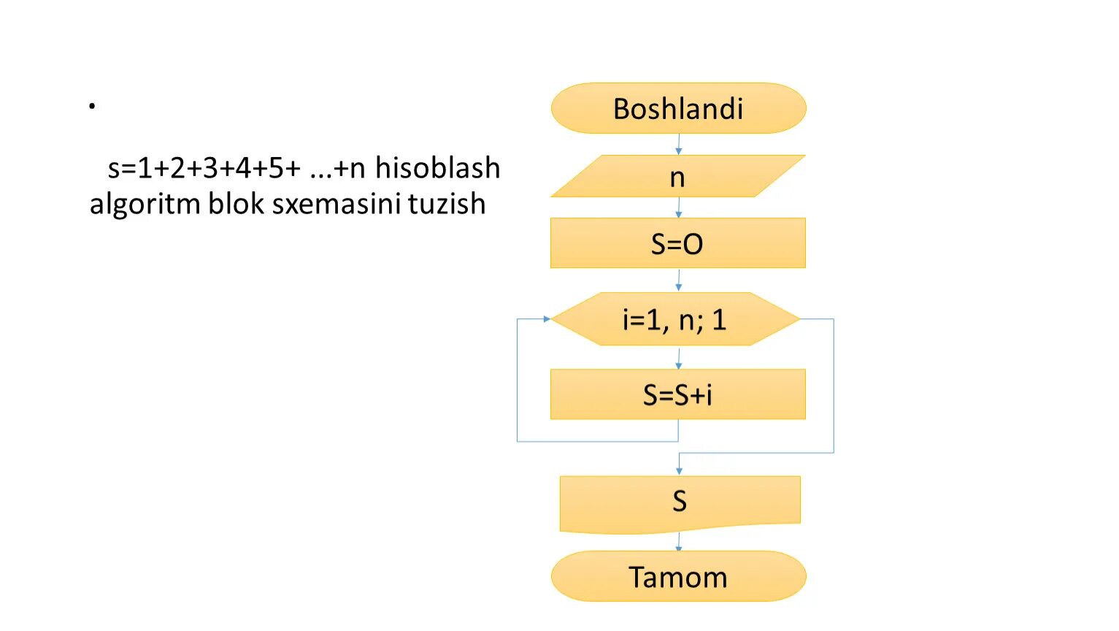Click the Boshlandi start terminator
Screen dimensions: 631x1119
coord(678,108)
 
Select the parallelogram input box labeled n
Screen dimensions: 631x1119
coord(677,176)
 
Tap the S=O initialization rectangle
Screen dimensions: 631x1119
coord(677,243)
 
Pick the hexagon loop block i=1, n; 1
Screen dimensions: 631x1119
coord(674,319)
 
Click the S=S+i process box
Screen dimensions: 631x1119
coord(677,394)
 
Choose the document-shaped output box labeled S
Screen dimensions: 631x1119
coord(680,502)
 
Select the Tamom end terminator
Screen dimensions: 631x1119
coord(678,577)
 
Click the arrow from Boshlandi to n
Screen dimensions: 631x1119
coord(678,144)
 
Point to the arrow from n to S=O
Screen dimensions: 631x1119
coord(678,207)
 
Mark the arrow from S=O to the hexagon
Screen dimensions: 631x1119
coord(678,280)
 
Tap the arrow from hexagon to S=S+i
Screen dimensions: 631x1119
coord(678,358)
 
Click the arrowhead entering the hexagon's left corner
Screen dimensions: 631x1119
coord(546,319)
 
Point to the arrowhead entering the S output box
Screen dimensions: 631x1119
coord(679,471)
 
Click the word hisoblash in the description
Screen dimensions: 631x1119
coord(437,168)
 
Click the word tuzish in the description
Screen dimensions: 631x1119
coord(447,204)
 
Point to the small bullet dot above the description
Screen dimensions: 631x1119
coord(92,107)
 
